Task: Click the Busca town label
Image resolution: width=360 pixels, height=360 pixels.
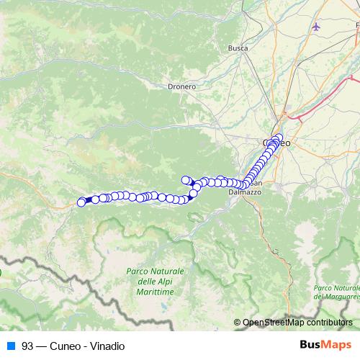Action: click(x=238, y=48)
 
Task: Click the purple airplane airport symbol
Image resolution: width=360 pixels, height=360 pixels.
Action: click(x=318, y=27)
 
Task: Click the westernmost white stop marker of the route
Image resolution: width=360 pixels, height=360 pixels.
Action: click(x=81, y=202)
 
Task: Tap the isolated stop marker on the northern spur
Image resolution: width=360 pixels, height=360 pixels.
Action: click(x=185, y=180)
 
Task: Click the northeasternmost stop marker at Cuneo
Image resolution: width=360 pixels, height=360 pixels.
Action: click(x=279, y=138)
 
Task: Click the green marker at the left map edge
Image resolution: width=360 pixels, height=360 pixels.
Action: click(x=1, y=273)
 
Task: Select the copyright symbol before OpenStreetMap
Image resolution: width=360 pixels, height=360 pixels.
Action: click(x=237, y=323)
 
